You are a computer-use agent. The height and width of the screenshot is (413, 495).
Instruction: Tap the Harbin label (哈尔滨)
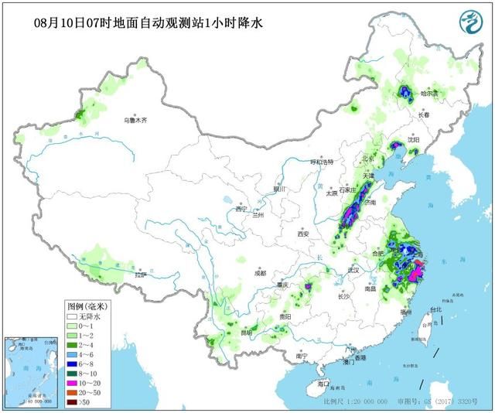click(429, 94)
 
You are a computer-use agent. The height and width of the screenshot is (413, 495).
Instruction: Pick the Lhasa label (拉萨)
click(140, 275)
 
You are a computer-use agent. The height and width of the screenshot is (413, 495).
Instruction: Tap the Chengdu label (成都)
click(258, 273)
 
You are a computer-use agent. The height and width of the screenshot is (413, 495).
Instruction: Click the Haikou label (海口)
click(323, 384)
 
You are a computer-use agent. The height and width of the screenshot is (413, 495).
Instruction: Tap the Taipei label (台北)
click(435, 309)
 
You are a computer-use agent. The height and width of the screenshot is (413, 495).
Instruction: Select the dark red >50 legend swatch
click(72, 402)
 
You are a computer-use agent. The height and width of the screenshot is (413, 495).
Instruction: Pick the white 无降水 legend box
click(72, 316)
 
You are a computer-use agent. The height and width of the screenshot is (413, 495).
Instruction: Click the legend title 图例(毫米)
click(84, 306)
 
